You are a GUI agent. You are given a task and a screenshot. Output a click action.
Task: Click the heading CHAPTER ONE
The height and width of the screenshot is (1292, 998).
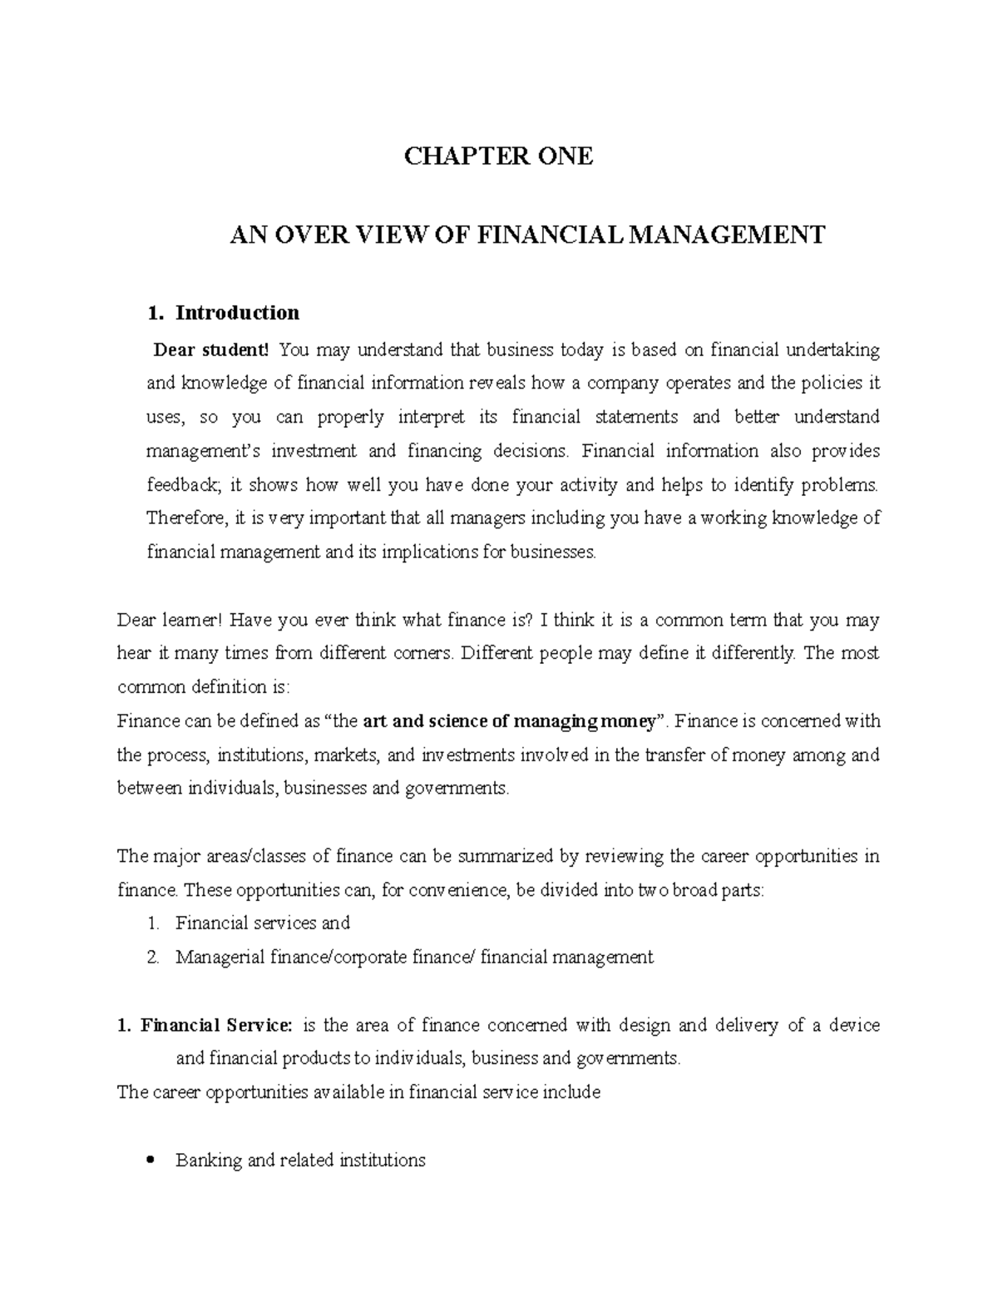point(498,156)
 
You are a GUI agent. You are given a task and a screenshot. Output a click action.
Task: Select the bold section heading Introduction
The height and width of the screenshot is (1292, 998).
point(237,313)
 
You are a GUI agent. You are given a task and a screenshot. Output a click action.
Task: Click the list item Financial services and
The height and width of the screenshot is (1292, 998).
point(263,923)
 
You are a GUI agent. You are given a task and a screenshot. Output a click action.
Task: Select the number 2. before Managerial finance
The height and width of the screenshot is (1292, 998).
point(151,958)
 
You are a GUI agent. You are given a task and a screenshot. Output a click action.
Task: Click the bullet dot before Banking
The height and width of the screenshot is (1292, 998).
point(151,1161)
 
